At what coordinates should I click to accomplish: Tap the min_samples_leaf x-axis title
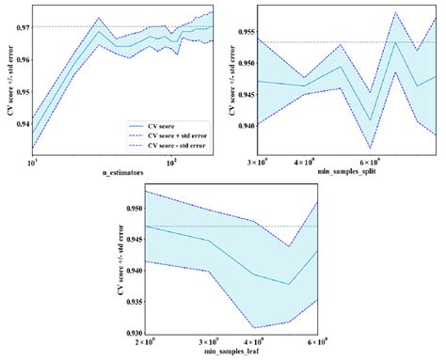tap(227, 352)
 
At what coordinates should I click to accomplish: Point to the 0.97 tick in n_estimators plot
tap(20, 26)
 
